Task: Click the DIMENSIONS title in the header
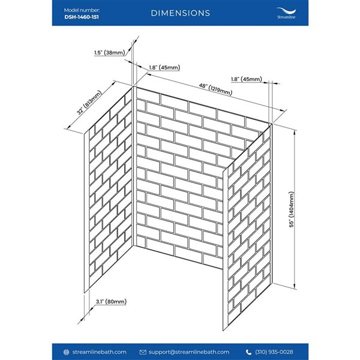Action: (x=180, y=13)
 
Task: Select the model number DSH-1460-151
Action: (x=82, y=17)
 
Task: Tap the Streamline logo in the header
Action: (x=286, y=13)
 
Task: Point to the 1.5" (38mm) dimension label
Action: (x=110, y=53)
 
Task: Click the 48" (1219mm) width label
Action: (x=215, y=89)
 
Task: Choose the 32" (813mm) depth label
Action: (x=89, y=103)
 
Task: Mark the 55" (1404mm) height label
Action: (x=292, y=209)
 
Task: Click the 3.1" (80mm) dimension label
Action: (x=111, y=301)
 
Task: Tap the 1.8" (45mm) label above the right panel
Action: (x=247, y=79)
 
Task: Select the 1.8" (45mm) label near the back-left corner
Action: (x=164, y=67)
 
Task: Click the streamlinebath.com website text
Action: (x=99, y=352)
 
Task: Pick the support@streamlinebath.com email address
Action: (x=189, y=352)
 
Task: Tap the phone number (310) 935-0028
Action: (x=274, y=352)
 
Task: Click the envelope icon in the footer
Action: (x=143, y=352)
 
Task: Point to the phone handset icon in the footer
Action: (x=248, y=352)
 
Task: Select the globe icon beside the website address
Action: (x=66, y=352)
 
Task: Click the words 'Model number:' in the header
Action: (x=82, y=10)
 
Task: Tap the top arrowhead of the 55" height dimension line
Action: (x=295, y=131)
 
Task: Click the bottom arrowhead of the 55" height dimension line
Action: (x=295, y=287)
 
